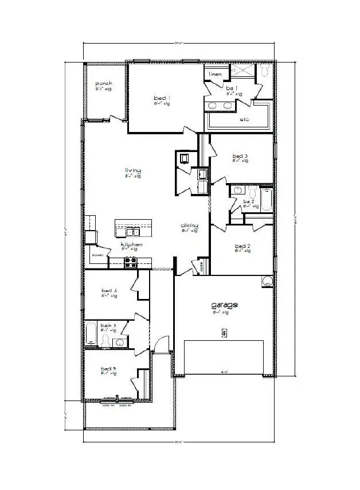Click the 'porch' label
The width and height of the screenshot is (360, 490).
click(104, 84)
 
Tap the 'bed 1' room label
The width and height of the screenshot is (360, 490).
click(162, 98)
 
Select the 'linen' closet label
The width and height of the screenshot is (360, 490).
click(215, 74)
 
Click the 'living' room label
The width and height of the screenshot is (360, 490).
click(133, 170)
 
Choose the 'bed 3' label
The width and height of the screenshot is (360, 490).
click(240, 156)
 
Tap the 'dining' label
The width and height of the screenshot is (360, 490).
click(189, 225)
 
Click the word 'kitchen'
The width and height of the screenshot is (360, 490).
click(131, 245)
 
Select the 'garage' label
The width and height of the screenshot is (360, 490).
click(225, 305)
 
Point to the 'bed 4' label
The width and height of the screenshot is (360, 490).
click(109, 291)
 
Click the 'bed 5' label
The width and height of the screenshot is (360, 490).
click(108, 368)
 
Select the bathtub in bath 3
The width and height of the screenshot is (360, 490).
click(91, 335)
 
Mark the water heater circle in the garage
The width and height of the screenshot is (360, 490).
click(267, 282)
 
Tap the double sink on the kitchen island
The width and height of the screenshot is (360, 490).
click(132, 232)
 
